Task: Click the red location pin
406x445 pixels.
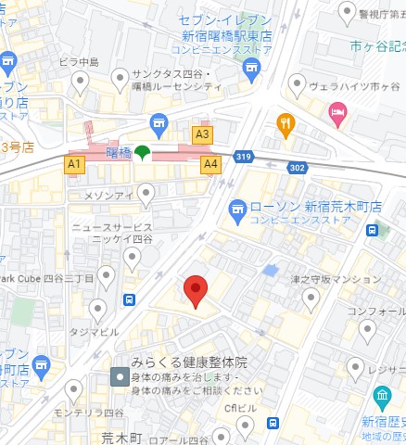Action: click(x=195, y=291)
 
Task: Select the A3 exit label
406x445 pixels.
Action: click(x=201, y=134)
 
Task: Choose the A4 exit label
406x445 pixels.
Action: click(x=211, y=164)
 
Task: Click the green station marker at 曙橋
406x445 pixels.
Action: click(x=142, y=153)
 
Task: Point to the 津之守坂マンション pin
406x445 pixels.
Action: click(x=311, y=297)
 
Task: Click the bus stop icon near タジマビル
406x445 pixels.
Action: click(x=129, y=299)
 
